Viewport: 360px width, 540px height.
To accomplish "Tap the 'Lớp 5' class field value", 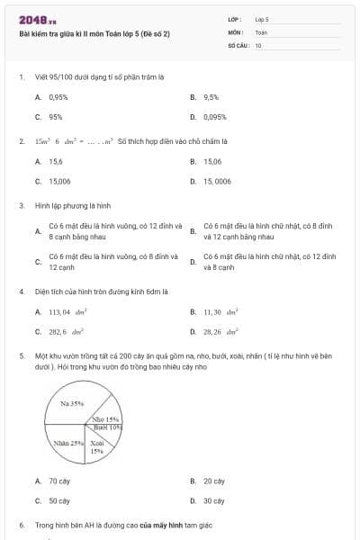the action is click(x=262, y=19).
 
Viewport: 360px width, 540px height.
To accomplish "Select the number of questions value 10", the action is click(x=258, y=44).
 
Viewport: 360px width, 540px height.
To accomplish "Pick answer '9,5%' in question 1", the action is click(x=211, y=96).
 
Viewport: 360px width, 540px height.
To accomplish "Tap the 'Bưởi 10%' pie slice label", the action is click(x=108, y=427).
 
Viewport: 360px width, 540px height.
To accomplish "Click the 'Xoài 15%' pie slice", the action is click(x=97, y=446).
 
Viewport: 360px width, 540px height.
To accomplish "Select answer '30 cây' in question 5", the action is click(x=214, y=501).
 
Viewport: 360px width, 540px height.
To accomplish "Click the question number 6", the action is click(x=22, y=524).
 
